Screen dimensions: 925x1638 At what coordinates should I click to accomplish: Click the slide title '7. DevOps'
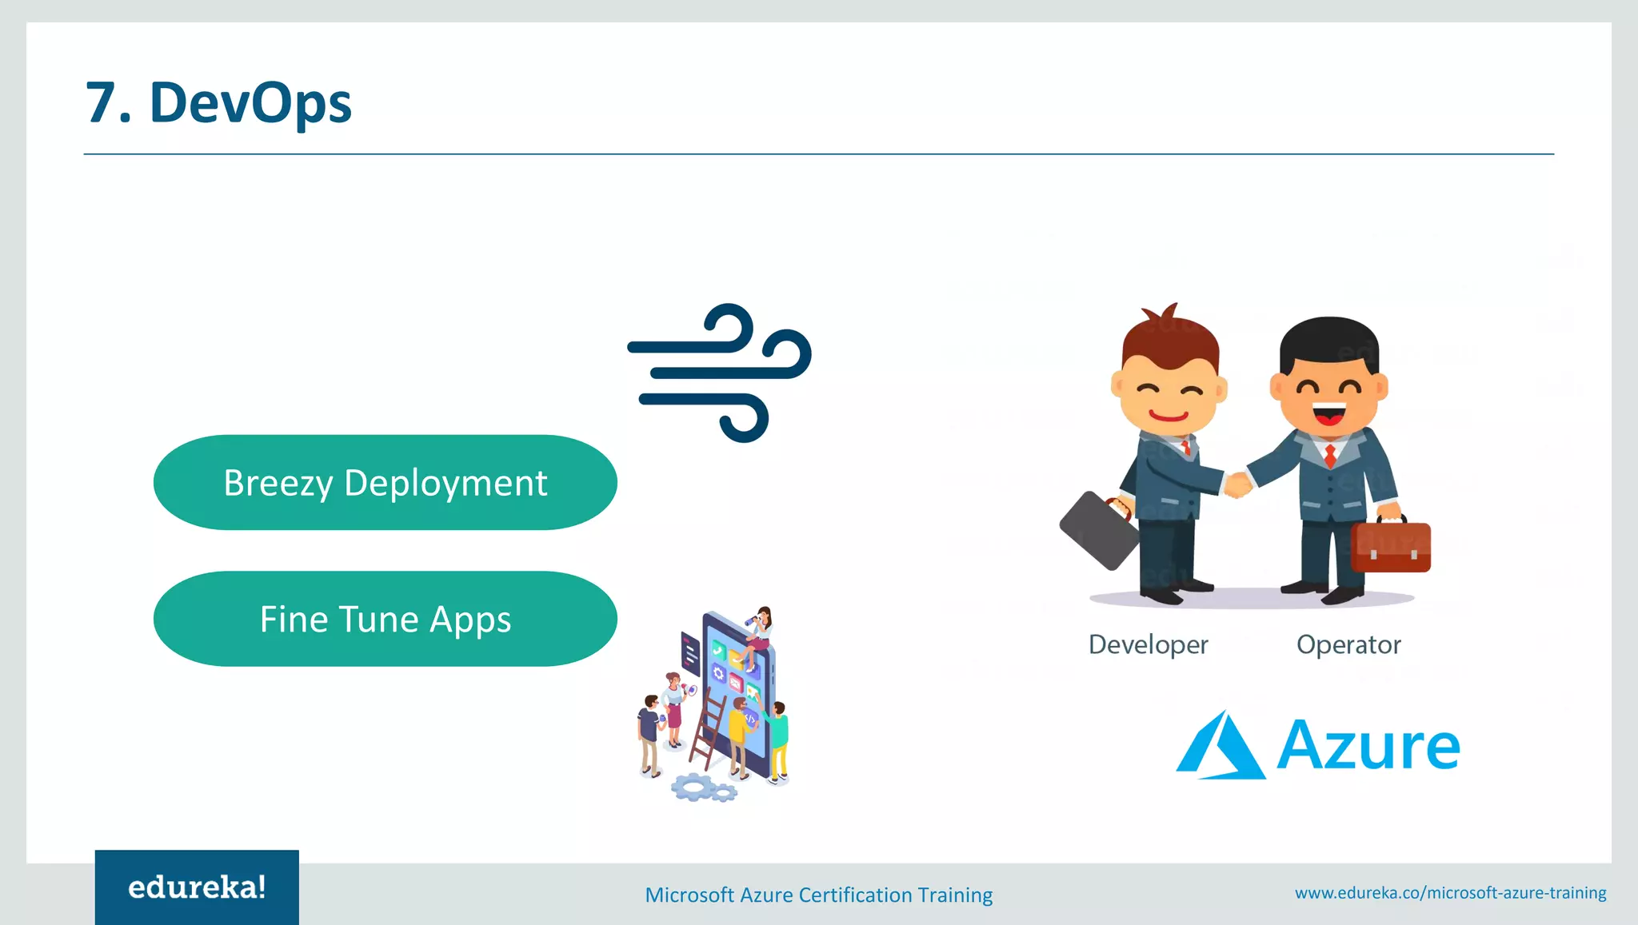click(218, 102)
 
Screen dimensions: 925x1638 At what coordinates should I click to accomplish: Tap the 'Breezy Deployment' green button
click(385, 483)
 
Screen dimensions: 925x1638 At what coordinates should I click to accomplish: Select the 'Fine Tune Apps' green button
click(385, 620)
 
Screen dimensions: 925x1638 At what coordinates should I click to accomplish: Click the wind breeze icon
click(719, 372)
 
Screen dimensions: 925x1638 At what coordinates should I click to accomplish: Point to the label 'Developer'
click(1148, 644)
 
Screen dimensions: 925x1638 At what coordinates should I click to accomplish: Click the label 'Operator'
click(1348, 644)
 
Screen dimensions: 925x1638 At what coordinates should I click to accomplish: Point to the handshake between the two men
click(1237, 484)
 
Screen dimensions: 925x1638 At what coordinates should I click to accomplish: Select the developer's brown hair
click(1169, 339)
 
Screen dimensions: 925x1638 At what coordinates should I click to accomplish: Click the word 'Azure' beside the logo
click(1368, 747)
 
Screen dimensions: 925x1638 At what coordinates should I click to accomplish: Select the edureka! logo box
click(197, 887)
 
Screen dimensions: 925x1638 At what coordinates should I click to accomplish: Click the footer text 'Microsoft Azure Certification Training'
click(818, 895)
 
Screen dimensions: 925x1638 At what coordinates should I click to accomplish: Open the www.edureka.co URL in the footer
click(1450, 892)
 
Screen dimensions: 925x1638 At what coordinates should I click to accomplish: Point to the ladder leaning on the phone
click(708, 732)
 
